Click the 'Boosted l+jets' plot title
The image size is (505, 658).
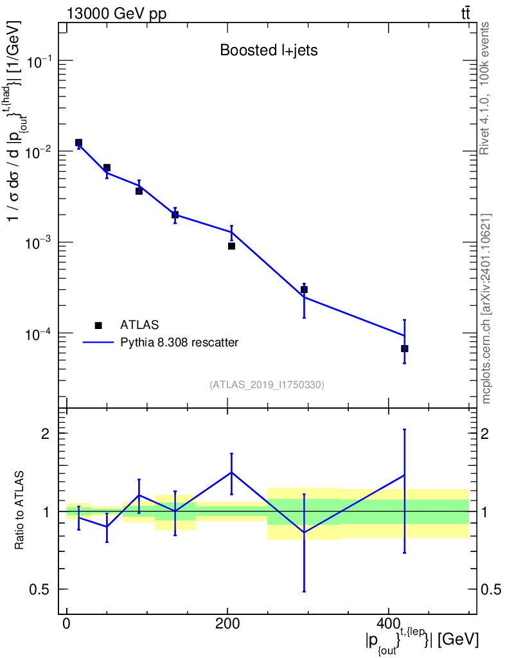(x=269, y=50)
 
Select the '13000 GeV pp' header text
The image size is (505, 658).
(x=116, y=13)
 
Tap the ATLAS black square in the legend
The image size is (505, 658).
(x=98, y=325)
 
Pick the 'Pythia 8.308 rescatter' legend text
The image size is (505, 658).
(x=179, y=342)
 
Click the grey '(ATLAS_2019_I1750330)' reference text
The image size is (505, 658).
(x=267, y=385)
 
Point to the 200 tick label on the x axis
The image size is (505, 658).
(x=227, y=623)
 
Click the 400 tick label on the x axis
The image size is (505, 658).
(x=388, y=623)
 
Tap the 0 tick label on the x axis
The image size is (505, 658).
(x=66, y=623)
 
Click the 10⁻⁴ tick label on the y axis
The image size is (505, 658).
(x=38, y=334)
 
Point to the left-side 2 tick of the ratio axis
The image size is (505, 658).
(x=46, y=434)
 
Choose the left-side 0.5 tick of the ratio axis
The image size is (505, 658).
(x=39, y=590)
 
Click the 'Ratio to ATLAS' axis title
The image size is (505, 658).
(x=19, y=510)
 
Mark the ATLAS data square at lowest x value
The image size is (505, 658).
(x=78, y=143)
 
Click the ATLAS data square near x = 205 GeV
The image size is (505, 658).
(x=231, y=246)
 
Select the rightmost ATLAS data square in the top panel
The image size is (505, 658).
(x=405, y=349)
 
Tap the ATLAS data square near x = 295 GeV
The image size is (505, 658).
(x=304, y=290)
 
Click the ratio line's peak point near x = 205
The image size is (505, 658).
(x=231, y=472)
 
